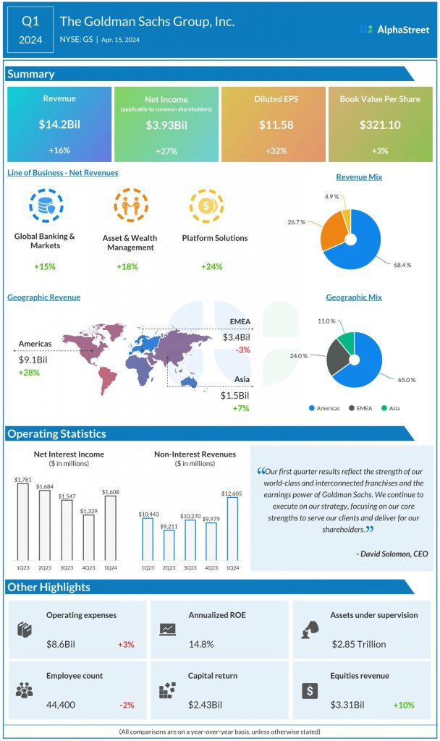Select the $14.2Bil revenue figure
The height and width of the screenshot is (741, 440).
click(59, 124)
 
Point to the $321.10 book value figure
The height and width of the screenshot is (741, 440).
click(380, 124)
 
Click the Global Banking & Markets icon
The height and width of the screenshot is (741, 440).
click(45, 206)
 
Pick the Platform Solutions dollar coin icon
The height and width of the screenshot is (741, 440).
click(204, 206)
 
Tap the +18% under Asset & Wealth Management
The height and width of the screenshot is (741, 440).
click(127, 267)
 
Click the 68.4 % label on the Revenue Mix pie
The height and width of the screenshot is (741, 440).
click(404, 265)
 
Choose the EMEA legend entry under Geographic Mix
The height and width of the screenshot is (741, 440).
click(363, 408)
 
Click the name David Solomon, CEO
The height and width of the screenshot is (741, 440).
click(392, 554)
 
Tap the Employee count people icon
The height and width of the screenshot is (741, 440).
click(24, 690)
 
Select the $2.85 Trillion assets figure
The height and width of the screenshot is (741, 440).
click(358, 644)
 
